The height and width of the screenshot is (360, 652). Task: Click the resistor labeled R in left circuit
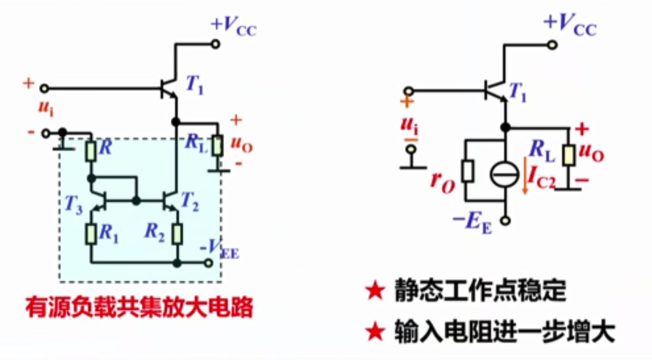[x=90, y=151]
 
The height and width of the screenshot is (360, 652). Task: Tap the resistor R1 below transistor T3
[x=91, y=234]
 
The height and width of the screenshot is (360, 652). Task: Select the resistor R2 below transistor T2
[x=177, y=234]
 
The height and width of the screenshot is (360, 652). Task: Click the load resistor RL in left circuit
[x=217, y=146]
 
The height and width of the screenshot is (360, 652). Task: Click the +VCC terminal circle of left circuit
[x=215, y=44]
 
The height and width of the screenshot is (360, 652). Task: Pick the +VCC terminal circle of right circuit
[x=552, y=44]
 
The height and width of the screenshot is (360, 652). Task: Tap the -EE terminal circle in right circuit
[x=505, y=221]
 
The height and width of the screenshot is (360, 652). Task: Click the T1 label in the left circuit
[x=194, y=84]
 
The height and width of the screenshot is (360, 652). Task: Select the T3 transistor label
[x=73, y=204]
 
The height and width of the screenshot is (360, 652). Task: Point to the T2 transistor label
[x=190, y=202]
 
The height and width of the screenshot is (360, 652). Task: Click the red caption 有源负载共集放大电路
[x=140, y=307]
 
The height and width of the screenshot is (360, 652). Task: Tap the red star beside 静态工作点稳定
[x=375, y=291]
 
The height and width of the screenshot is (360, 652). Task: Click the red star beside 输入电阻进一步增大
[x=375, y=332]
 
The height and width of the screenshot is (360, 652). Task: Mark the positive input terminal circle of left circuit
[x=44, y=89]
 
